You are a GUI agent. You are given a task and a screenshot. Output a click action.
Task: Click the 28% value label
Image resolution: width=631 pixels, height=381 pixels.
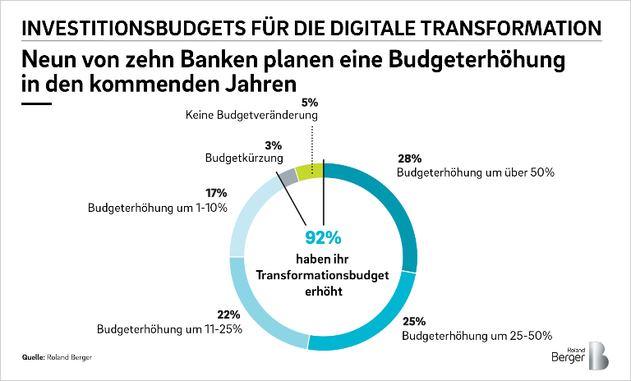point(409,158)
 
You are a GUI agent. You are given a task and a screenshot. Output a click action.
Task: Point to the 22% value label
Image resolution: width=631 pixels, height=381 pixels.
point(228,314)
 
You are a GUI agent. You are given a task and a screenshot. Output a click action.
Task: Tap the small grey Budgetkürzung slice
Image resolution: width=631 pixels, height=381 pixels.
point(287,177)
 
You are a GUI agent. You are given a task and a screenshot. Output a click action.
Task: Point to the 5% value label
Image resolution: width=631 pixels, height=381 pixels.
point(311,104)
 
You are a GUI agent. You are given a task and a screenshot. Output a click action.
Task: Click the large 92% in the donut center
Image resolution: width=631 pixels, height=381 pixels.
point(323,239)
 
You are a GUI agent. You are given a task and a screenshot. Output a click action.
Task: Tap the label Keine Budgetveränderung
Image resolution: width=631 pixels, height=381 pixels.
point(251,117)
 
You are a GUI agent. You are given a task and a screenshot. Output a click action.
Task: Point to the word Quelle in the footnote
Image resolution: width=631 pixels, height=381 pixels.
point(34,359)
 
